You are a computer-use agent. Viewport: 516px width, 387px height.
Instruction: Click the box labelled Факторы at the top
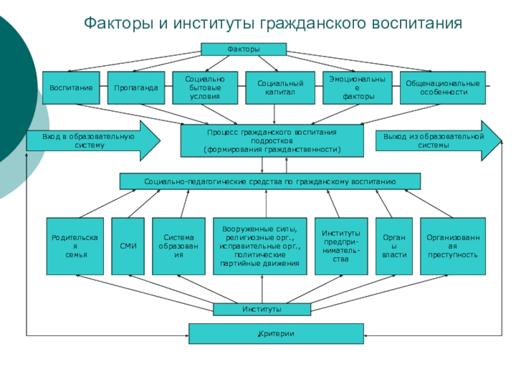tap(243, 49)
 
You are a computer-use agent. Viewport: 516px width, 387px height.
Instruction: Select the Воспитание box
tap(71, 87)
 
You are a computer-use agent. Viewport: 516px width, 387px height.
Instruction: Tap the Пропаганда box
tap(136, 87)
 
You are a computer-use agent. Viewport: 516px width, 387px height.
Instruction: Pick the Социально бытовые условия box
tap(205, 87)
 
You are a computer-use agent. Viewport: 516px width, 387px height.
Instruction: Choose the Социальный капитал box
tap(276, 87)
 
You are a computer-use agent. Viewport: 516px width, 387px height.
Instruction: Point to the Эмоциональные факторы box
tap(358, 87)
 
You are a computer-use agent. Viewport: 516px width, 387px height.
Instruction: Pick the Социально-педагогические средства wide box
tap(270, 181)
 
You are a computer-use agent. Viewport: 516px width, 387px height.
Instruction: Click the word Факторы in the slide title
tap(117, 25)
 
